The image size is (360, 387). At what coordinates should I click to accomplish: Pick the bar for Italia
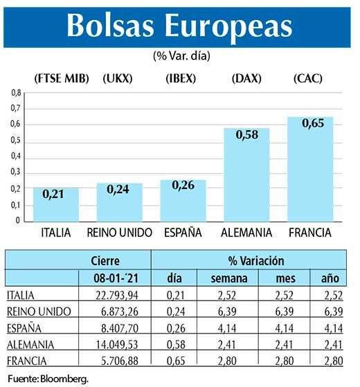[56, 205]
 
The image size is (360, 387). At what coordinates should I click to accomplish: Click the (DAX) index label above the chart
[246, 78]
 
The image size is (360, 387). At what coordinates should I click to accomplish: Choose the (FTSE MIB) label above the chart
[62, 78]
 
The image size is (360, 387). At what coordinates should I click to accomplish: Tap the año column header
[330, 278]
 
